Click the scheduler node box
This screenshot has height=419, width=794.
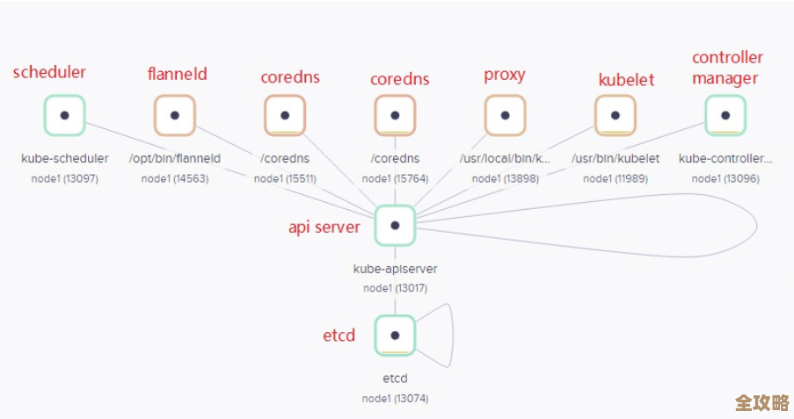coord(64,115)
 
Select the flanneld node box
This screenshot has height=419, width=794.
coord(175,115)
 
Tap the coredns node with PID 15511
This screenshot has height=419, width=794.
coord(285,115)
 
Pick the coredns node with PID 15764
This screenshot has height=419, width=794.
coord(395,115)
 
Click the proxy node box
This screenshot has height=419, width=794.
coord(505,115)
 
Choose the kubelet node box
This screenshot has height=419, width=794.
coord(616,115)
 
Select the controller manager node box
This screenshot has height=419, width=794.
coord(725,115)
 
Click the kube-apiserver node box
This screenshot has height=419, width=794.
coord(395,225)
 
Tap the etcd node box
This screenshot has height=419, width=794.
coord(395,335)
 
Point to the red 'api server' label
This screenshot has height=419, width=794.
coord(324,227)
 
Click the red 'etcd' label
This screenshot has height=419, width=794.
coord(339,336)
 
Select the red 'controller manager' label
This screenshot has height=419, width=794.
coord(726,68)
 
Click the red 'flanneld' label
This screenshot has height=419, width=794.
coord(177,74)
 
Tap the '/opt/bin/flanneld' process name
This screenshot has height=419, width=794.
coord(175,159)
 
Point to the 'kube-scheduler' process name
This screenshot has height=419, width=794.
coord(65,159)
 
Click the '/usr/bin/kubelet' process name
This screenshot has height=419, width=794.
coord(616,159)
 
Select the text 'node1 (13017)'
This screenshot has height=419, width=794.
coord(395,288)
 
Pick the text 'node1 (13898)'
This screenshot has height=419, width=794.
coord(505,178)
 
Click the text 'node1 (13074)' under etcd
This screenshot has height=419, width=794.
coord(395,398)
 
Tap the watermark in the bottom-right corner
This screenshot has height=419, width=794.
coord(761,402)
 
